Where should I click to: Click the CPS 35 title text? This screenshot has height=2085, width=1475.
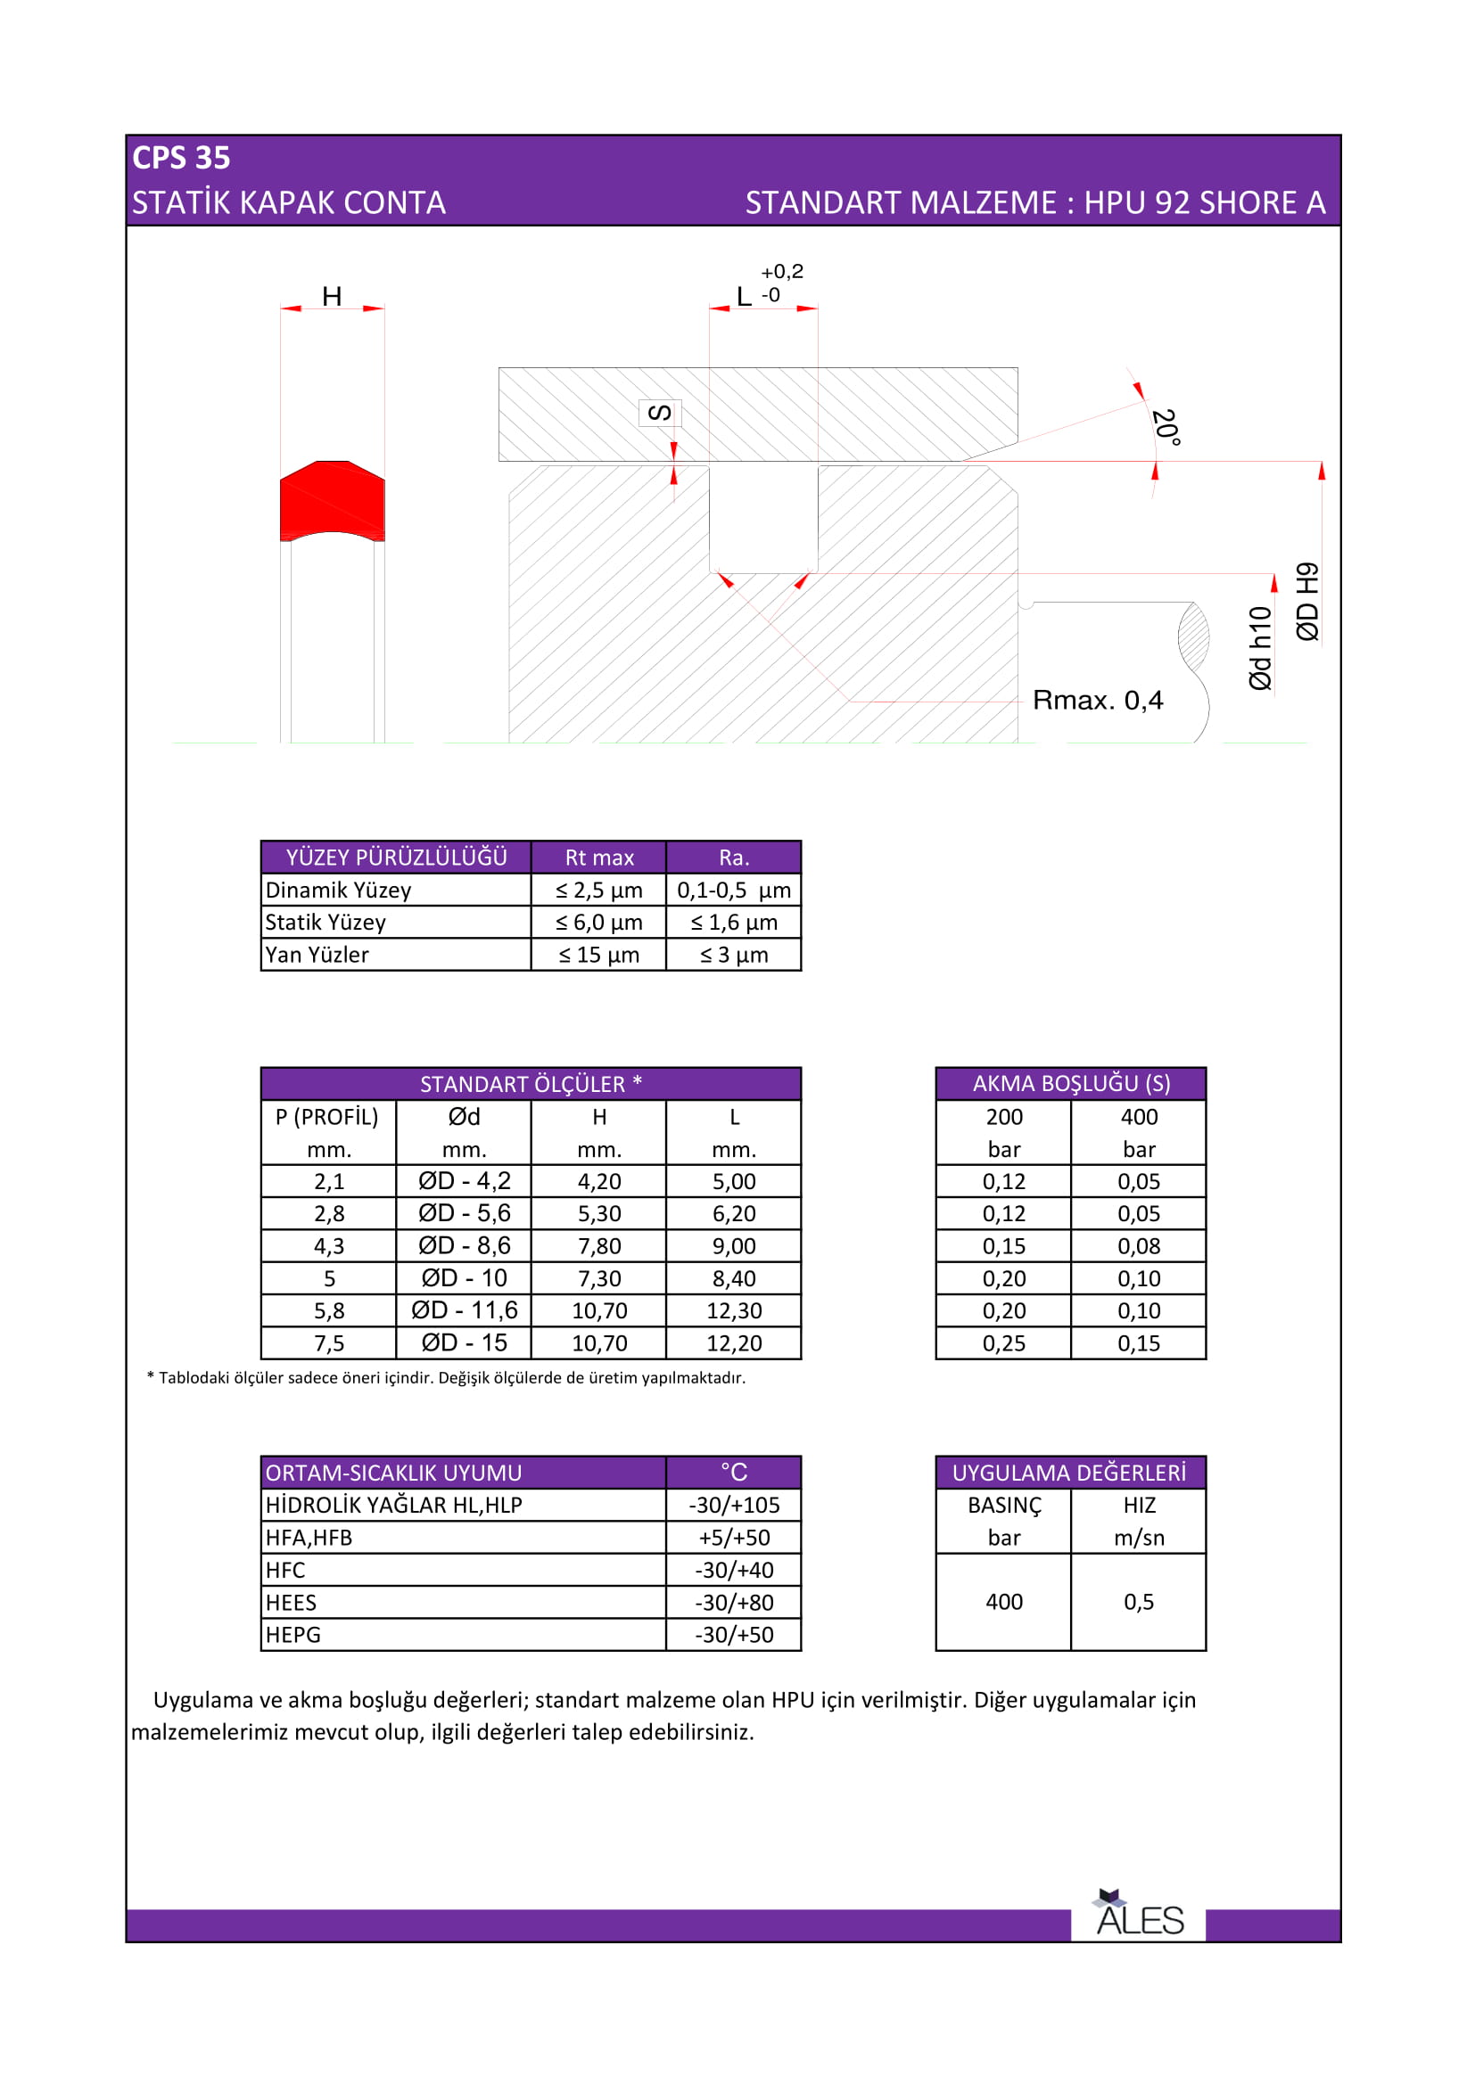(x=181, y=158)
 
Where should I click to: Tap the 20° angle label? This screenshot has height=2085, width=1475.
(x=1166, y=427)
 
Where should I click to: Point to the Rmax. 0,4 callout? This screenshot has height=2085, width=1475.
(x=1097, y=700)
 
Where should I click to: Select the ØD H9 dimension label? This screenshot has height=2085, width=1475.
(x=1307, y=602)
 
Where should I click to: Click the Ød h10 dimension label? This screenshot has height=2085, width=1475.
(x=1260, y=647)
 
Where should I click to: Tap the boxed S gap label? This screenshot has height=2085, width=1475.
(x=659, y=414)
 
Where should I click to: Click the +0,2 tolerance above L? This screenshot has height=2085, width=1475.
(x=782, y=272)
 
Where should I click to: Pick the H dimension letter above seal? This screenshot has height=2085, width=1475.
(x=332, y=296)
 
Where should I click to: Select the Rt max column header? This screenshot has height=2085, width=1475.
(x=598, y=858)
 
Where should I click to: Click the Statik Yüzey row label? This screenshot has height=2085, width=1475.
(x=325, y=923)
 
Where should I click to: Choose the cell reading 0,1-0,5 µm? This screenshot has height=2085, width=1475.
(x=734, y=890)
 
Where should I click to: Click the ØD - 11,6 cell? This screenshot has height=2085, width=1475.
(x=464, y=1310)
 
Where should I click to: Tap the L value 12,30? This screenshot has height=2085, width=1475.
(x=734, y=1310)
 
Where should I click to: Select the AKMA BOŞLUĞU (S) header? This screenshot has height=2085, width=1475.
(x=1071, y=1083)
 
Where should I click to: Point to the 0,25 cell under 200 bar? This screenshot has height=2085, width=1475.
(x=1003, y=1343)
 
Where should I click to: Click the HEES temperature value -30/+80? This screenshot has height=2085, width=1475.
(x=734, y=1603)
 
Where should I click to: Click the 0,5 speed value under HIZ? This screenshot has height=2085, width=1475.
(x=1139, y=1602)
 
